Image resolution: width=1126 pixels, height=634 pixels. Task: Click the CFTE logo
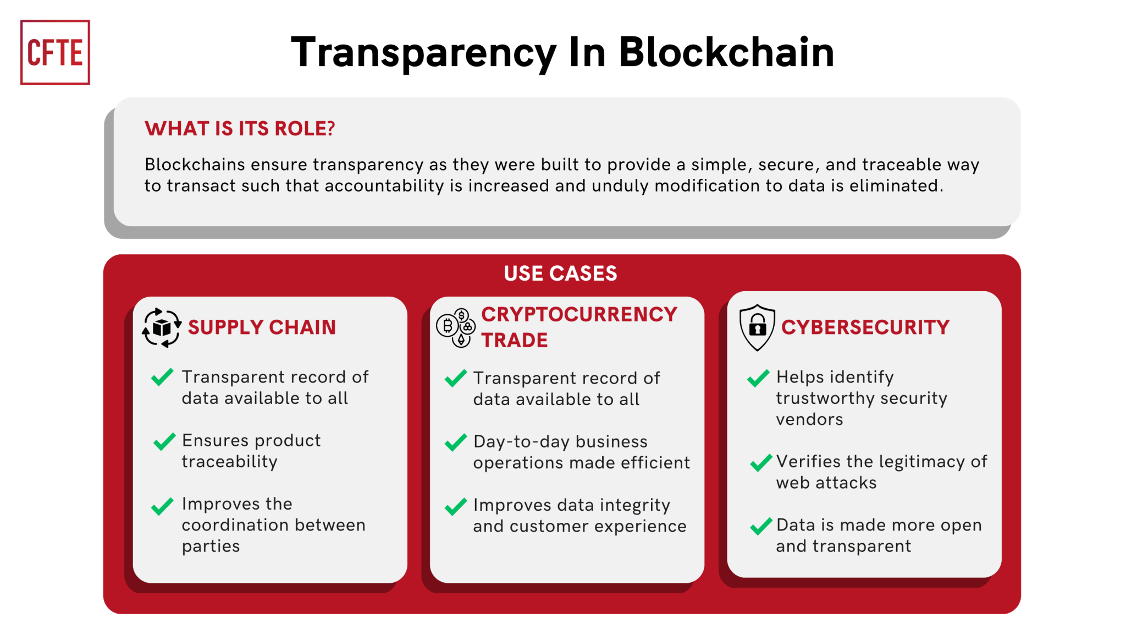coord(55,52)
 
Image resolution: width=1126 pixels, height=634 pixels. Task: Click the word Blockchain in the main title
coord(726,52)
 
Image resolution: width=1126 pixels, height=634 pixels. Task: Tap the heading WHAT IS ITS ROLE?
coord(240,128)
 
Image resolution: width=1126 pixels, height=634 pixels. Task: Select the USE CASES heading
coord(560,273)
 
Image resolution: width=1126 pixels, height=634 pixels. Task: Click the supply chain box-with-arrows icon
coord(162,327)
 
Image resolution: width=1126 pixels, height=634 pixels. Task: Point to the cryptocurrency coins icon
coord(456,327)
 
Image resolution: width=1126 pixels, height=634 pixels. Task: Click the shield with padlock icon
coord(757,327)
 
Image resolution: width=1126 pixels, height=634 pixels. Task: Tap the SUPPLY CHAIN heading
coord(262,327)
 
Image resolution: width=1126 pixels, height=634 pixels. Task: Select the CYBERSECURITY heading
coord(865,327)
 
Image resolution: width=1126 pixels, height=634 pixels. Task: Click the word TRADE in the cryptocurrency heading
coord(515,341)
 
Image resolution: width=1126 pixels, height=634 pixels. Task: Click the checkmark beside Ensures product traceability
coord(164,441)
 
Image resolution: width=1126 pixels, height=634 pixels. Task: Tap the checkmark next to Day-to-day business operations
coord(455,442)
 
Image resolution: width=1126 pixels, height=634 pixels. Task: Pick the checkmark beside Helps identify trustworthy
coord(758,378)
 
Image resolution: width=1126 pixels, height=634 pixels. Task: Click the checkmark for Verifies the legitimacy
coord(761,463)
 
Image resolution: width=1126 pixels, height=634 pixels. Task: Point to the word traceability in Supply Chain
coord(229,462)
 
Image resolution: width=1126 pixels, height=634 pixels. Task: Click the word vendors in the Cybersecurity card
coord(809,419)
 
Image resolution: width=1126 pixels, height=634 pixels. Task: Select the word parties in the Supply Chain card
coord(211,546)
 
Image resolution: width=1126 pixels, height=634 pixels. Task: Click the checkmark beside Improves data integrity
coord(455,506)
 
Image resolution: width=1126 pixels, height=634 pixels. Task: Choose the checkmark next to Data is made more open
coord(761,526)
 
